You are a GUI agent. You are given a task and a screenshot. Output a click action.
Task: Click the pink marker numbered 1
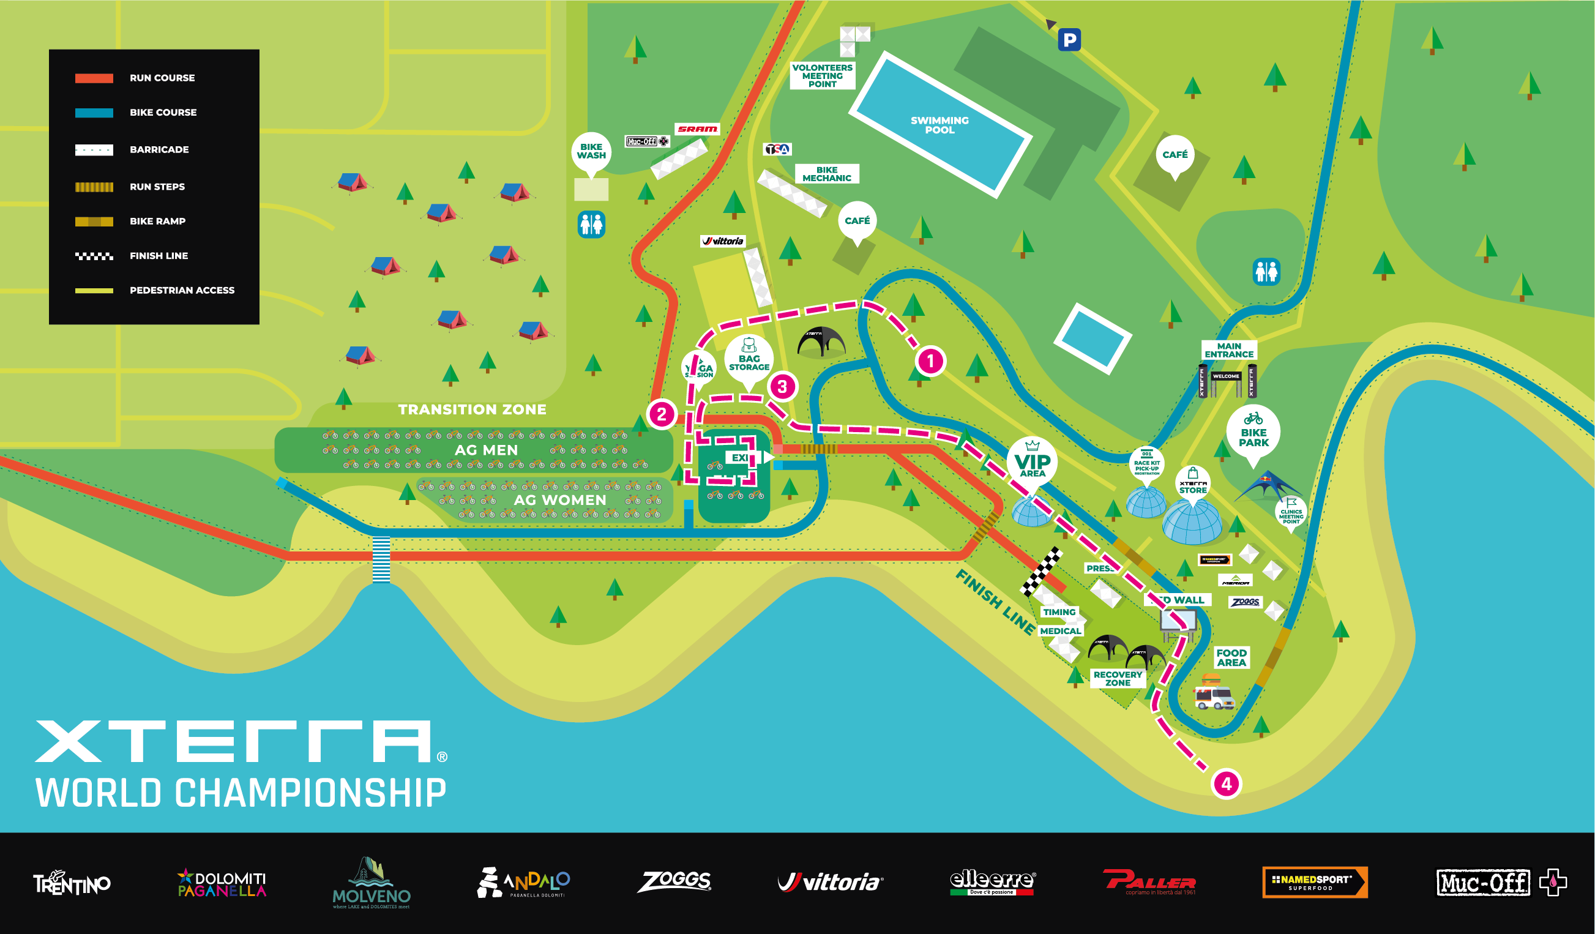(930, 361)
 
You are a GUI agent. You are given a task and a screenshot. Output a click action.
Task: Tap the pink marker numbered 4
(1226, 784)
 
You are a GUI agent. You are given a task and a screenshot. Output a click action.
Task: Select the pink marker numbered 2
(662, 414)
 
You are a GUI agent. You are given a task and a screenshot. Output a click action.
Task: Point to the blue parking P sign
(1069, 40)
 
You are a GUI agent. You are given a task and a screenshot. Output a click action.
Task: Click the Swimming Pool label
(939, 125)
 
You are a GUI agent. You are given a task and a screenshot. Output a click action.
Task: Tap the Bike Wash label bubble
(591, 151)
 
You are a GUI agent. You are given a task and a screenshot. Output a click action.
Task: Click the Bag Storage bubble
(749, 362)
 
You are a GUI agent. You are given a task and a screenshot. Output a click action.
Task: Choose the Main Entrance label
(1228, 350)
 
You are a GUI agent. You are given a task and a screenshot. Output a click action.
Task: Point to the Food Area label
(1231, 657)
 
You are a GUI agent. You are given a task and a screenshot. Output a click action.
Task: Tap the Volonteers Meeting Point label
(822, 76)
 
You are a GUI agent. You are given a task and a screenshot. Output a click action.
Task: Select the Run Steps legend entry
(157, 187)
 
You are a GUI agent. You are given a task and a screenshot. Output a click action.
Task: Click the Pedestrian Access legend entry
(182, 291)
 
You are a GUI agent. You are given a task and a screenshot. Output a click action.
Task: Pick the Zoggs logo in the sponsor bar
(674, 881)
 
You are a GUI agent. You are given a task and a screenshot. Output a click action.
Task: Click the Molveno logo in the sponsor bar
(372, 883)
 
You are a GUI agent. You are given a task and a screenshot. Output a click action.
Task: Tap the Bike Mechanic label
(827, 174)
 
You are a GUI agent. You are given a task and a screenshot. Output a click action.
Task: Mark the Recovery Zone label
(1118, 678)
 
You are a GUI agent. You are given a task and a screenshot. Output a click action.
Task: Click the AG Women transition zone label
(559, 500)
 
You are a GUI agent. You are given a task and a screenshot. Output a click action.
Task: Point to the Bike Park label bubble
(1253, 435)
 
